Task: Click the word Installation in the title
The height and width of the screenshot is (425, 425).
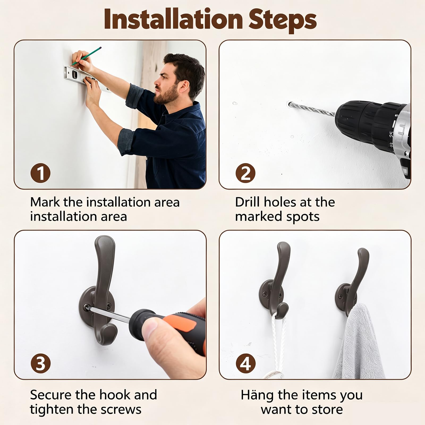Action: (173, 19)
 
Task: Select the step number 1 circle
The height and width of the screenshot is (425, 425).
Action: (40, 173)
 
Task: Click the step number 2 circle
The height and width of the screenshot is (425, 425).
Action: (245, 173)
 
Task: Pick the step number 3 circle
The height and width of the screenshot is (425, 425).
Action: (40, 363)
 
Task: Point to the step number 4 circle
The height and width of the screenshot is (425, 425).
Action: (245, 363)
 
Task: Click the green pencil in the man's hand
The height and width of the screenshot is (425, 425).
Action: (86, 56)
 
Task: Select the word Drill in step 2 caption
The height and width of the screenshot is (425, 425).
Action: (247, 202)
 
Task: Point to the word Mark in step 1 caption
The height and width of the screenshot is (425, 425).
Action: (45, 202)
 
